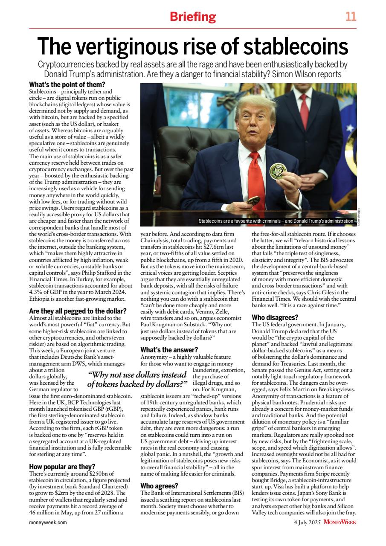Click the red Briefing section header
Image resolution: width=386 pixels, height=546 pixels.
tap(193, 17)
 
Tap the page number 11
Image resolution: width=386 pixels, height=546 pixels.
tap(351, 17)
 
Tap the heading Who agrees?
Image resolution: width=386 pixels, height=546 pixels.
tap(159, 485)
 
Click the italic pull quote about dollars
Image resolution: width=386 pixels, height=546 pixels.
tap(138, 379)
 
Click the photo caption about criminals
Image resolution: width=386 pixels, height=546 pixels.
tap(276, 221)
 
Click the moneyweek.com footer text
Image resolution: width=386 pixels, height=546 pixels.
tap(48, 522)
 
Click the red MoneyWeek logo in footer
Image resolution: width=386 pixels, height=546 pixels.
tap(340, 522)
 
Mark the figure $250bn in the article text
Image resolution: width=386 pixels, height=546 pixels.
tap(99, 474)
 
